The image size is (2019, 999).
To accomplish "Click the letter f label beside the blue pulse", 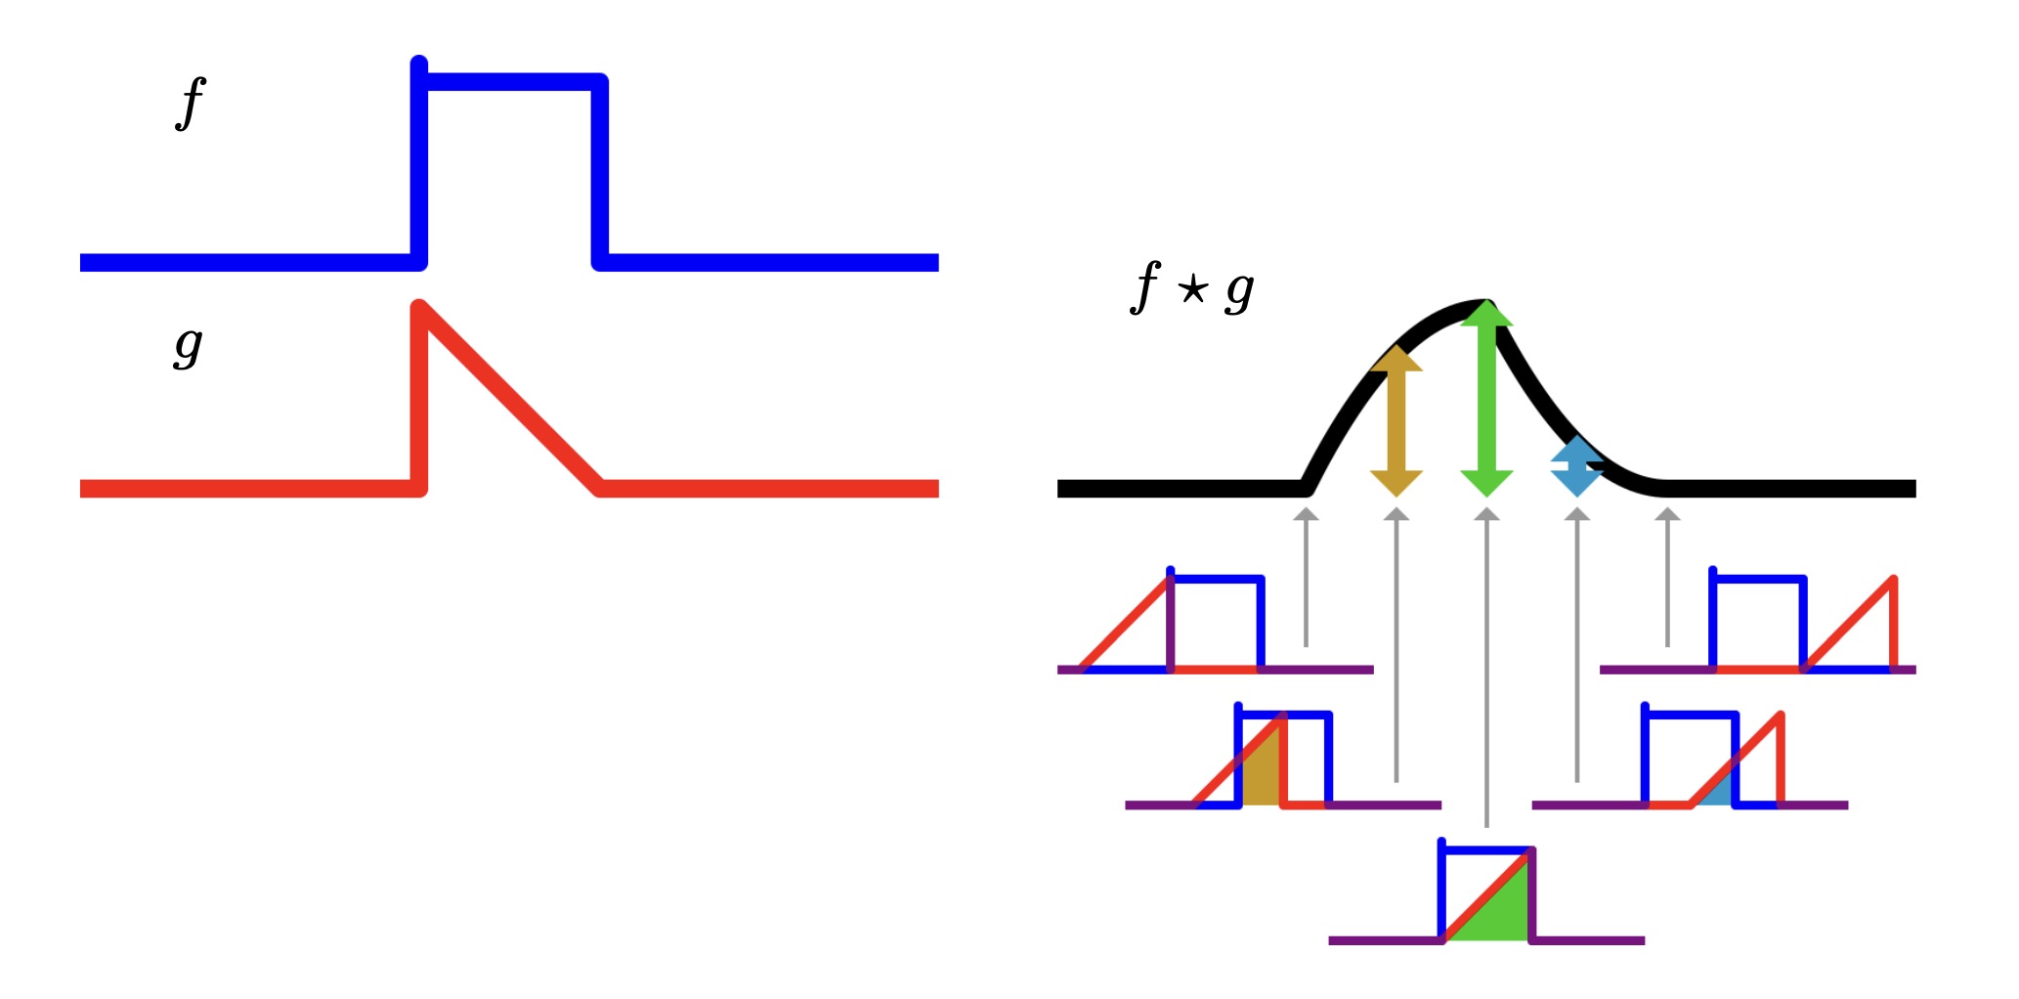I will coord(191,103).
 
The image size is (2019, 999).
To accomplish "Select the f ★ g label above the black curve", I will coord(1191,288).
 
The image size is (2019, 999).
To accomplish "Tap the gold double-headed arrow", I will coord(1396,420).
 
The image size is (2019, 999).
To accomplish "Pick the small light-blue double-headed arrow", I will coord(1576,466).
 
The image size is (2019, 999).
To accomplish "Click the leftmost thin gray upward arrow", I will coord(1306,577).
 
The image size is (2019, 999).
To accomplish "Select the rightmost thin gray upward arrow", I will coord(1667,577).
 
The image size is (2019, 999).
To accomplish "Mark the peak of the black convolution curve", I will coord(1482,306).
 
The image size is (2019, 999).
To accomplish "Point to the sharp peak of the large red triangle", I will coord(420,308).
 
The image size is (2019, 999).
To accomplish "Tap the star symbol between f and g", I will coord(1192,289).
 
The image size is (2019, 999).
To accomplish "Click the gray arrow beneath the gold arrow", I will coord(1396,645).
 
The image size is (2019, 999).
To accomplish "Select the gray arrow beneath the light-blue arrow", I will coord(1576,645).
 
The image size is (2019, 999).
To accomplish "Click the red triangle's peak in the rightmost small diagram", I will coord(1893,580).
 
